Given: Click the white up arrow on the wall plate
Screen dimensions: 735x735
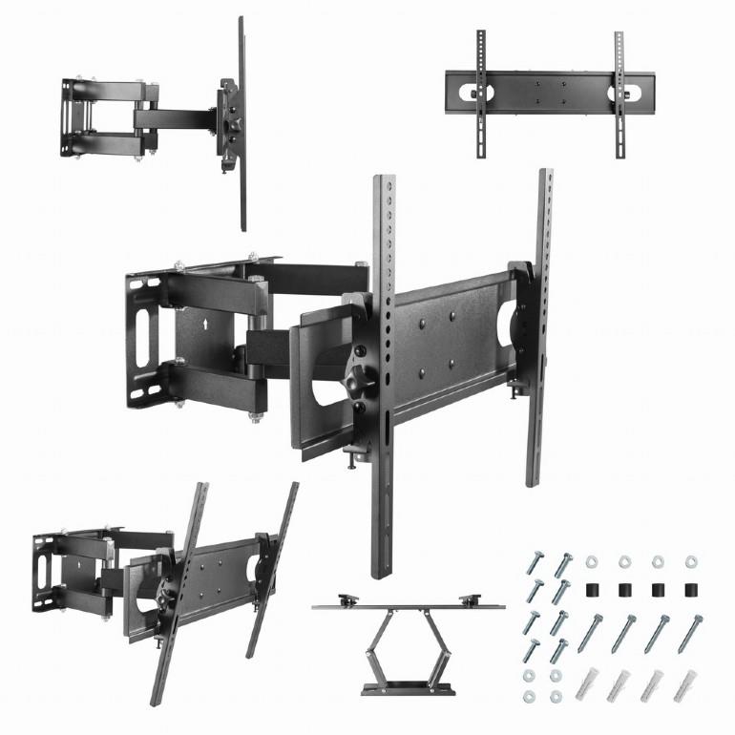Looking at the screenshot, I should point(205,324).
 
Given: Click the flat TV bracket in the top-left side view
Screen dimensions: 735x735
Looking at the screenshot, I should point(241,124).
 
